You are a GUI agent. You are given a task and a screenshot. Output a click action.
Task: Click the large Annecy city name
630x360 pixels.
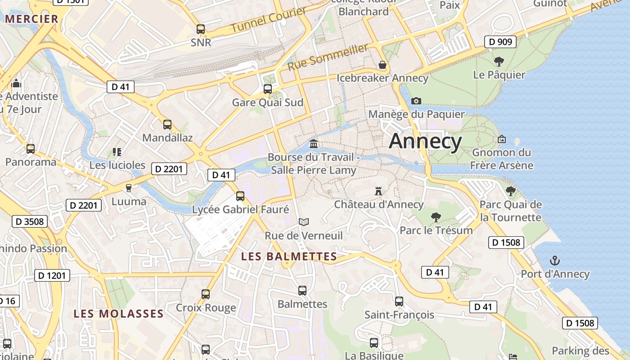click(x=425, y=141)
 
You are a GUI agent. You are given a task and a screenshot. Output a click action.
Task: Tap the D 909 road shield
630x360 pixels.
click(x=500, y=42)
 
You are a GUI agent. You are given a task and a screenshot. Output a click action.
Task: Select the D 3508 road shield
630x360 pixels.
click(x=30, y=221)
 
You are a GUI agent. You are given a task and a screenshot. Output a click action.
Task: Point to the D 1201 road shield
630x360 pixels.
click(x=52, y=275)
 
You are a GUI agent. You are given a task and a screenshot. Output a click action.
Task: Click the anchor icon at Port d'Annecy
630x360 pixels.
click(x=555, y=261)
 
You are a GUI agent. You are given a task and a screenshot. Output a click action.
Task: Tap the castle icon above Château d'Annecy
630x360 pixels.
click(x=378, y=191)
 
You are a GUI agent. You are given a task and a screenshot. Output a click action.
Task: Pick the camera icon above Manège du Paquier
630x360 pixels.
click(x=416, y=101)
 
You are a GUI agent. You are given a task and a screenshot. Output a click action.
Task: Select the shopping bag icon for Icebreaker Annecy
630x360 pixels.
click(x=382, y=65)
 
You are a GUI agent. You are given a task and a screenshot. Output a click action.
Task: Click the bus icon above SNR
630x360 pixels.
click(x=201, y=29)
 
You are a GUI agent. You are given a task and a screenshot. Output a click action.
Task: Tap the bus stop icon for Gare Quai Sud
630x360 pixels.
click(x=268, y=89)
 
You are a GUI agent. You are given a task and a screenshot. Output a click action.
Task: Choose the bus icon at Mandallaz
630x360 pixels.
click(x=167, y=125)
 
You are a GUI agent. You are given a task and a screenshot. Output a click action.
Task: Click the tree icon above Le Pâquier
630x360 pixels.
click(x=499, y=62)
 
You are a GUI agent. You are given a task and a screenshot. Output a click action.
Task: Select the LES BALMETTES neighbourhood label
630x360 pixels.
click(x=289, y=256)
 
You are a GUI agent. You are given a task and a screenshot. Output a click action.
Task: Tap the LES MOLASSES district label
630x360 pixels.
click(x=118, y=314)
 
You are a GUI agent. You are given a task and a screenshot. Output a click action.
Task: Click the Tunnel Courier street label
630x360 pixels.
click(x=269, y=21)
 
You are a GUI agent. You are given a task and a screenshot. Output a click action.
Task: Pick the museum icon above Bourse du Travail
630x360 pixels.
click(x=314, y=144)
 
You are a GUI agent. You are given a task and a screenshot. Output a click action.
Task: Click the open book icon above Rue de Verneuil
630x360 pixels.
click(x=304, y=222)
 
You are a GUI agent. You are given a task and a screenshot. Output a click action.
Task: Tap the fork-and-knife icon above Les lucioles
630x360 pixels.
click(x=117, y=152)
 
